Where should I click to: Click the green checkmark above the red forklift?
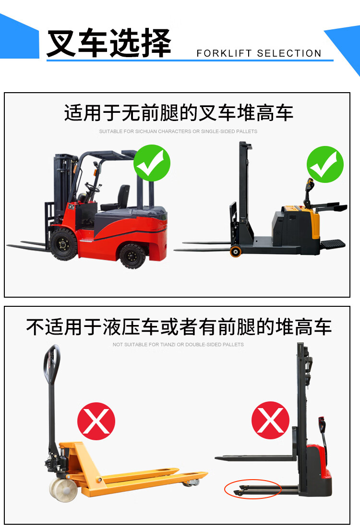click(x=152, y=163)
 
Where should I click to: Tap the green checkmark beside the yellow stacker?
click(x=325, y=164)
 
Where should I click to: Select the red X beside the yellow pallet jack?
click(x=96, y=421)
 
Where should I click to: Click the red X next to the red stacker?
click(x=270, y=420)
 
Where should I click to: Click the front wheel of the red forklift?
click(x=63, y=244)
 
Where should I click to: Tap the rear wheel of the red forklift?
click(x=132, y=256)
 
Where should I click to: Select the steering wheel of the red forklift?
click(x=93, y=187)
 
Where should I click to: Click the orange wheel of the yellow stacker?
click(x=235, y=251)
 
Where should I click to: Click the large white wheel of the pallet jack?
click(x=63, y=489)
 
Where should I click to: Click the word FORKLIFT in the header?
click(x=224, y=53)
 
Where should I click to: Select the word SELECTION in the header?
click(x=289, y=53)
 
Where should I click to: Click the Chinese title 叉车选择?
click(x=108, y=43)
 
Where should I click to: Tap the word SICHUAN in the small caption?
click(x=146, y=132)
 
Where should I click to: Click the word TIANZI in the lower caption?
click(x=168, y=345)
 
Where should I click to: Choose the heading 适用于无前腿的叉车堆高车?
click(x=179, y=113)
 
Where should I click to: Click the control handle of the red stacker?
click(x=322, y=425)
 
